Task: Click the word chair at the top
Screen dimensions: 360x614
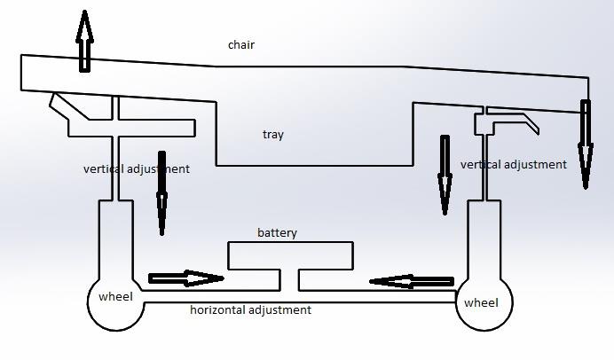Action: (241, 44)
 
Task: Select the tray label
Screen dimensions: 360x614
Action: (273, 135)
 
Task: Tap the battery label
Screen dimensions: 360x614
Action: (278, 233)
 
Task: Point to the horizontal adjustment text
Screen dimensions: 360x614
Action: (250, 310)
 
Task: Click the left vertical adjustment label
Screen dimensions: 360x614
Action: (136, 168)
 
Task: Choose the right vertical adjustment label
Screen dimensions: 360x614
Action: (513, 165)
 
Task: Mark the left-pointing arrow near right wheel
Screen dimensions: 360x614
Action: (412, 282)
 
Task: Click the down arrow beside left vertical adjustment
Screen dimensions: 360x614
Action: (161, 199)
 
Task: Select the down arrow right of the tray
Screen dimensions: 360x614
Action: (445, 175)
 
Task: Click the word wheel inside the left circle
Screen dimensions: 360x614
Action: (115, 296)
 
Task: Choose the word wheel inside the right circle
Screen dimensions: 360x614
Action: (482, 303)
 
